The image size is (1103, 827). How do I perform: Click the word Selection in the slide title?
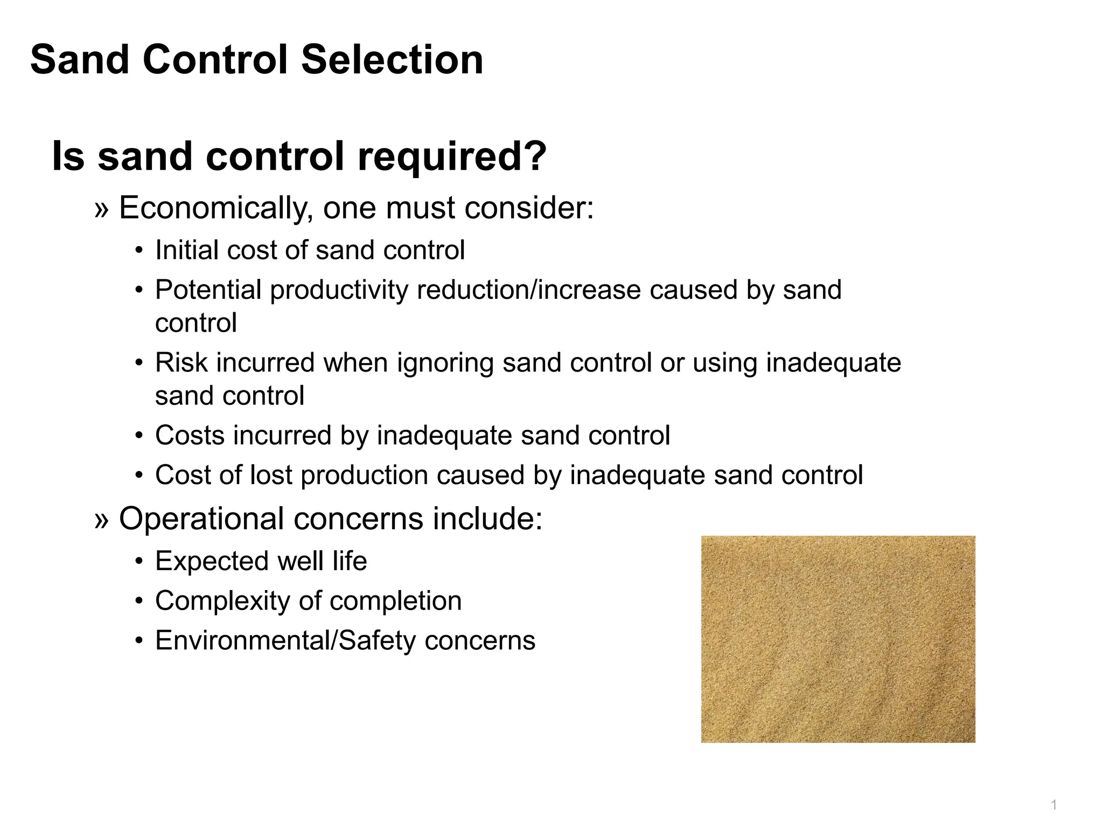point(392,59)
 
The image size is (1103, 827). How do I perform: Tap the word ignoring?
point(445,363)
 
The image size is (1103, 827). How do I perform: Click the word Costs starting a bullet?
point(189,435)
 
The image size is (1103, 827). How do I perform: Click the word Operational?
point(201,519)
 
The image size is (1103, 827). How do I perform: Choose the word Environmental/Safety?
point(285,641)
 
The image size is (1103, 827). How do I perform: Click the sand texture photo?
point(838,639)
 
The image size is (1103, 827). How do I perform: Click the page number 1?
point(1054,805)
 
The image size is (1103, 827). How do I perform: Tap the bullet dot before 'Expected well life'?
point(139,562)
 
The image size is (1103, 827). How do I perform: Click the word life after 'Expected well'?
point(350,561)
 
